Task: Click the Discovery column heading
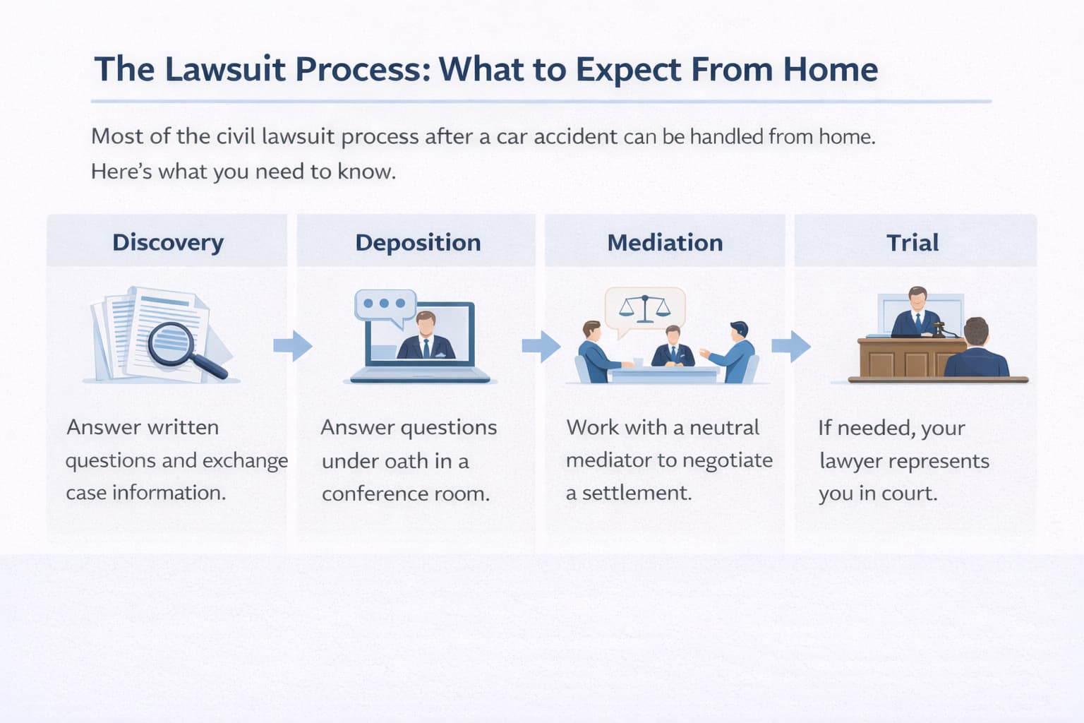click(168, 242)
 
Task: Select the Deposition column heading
click(418, 242)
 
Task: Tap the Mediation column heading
click(665, 242)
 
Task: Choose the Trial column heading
click(913, 242)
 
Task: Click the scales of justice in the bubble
click(645, 309)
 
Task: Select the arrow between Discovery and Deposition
click(293, 345)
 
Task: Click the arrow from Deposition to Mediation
click(541, 345)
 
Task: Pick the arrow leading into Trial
click(791, 345)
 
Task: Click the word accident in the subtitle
click(575, 136)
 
